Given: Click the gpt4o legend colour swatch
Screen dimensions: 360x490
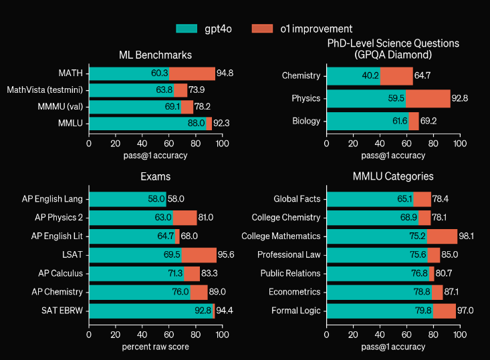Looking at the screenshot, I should point(187,29).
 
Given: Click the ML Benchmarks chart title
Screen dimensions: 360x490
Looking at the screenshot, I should point(155,55).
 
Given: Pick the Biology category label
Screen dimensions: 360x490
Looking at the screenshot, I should point(306,121).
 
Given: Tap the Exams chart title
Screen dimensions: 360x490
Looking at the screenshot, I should point(155,177).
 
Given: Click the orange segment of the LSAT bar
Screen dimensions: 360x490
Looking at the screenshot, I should point(199,255).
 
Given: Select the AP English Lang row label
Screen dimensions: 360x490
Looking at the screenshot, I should point(52,199).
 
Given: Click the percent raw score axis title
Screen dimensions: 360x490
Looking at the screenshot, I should point(155,347).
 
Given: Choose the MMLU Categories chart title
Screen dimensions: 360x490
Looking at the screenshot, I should point(393,177).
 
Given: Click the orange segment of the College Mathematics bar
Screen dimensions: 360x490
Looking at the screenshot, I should point(443,236).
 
